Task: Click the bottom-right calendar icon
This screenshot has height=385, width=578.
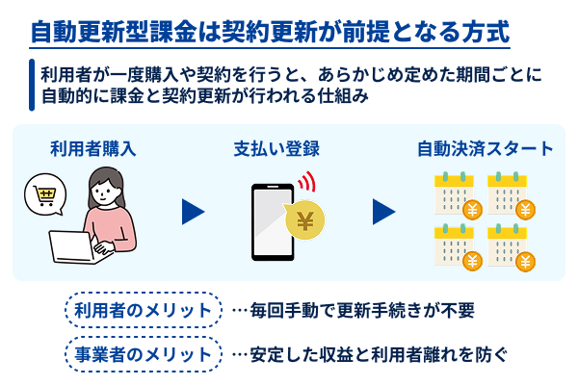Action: [506, 245]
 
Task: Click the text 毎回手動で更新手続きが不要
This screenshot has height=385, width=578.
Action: [361, 312]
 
